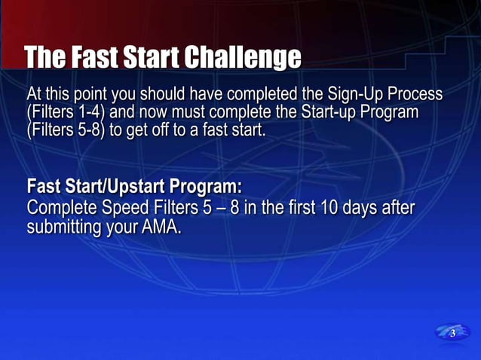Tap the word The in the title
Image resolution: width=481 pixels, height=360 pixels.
pyautogui.click(x=44, y=57)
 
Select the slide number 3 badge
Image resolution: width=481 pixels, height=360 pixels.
pyautogui.click(x=452, y=333)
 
